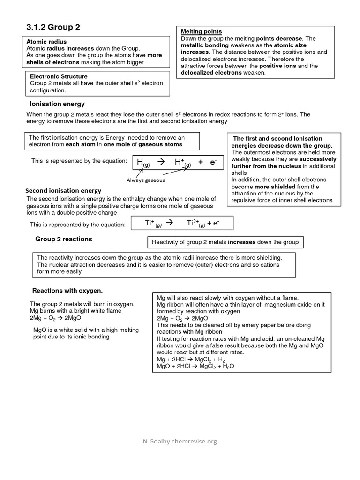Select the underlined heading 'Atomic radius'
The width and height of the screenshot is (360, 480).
46,42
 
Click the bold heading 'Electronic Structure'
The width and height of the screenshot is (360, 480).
59,76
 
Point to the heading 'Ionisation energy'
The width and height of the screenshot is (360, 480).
57,104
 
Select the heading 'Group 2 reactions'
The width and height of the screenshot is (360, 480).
64,239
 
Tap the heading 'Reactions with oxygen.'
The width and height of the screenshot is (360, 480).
67,290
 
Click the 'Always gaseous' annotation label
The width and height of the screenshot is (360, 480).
146,180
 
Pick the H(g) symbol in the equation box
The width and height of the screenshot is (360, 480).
143,162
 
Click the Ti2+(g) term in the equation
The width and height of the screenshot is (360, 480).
196,224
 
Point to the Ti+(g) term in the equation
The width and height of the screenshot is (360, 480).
153,224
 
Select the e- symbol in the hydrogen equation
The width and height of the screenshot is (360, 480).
213,162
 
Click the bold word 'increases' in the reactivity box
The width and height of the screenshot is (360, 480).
242,242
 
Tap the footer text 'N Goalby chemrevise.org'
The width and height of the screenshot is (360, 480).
180,441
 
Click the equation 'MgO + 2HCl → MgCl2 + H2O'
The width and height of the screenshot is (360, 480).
195,366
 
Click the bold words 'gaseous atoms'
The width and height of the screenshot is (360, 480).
160,145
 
